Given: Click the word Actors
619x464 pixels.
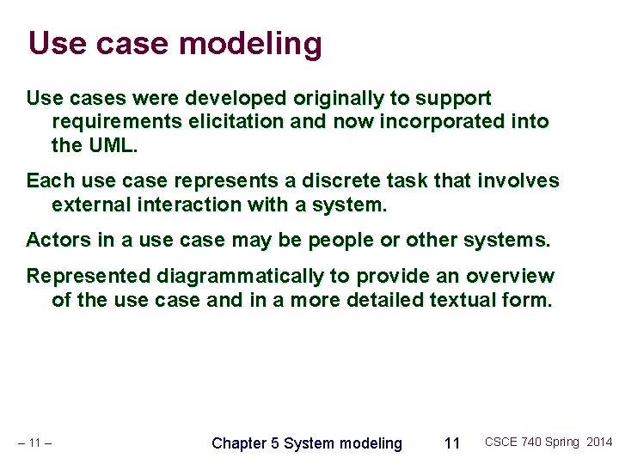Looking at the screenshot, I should coord(58,241).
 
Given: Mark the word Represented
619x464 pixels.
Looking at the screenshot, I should coord(89,277).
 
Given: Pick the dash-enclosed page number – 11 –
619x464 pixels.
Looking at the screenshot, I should coord(35,443).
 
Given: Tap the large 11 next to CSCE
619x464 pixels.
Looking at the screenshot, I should coord(451,443).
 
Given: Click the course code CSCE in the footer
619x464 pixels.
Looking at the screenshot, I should coord(502,443).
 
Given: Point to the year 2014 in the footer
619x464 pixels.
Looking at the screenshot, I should coord(599,443).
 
